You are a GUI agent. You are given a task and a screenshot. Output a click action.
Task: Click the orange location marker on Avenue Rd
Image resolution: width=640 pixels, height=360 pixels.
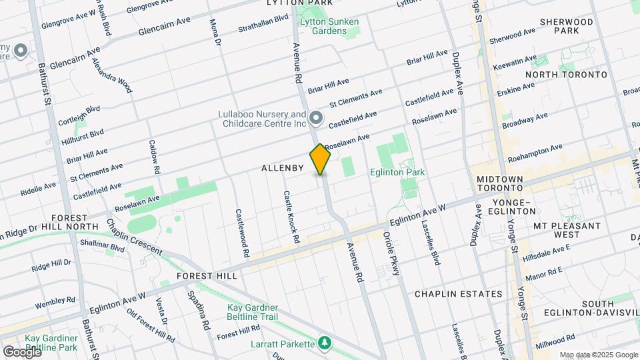coord(321,159)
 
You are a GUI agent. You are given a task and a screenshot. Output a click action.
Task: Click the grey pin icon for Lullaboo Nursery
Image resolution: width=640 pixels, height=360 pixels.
coord(316,119)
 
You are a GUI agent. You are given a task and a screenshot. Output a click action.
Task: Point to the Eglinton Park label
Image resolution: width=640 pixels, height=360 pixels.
coord(398,173)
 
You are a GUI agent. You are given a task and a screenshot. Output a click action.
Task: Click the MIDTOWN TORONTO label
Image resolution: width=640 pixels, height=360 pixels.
coord(504,185)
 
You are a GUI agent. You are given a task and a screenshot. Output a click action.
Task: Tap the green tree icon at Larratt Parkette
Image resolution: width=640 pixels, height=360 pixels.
coord(325,343)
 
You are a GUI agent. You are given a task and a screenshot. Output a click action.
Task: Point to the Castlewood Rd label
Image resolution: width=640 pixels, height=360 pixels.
coord(241,233)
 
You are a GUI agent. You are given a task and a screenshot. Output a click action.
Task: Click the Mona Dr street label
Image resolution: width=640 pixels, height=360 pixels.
coord(215,33)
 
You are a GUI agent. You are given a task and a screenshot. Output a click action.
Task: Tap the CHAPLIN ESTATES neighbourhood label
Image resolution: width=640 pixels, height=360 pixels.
coord(458,294)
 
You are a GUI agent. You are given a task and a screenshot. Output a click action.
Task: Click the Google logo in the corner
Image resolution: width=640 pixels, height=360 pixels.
coord(22,351)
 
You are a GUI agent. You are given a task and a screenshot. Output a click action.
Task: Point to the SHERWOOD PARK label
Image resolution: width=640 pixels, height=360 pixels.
coord(567,26)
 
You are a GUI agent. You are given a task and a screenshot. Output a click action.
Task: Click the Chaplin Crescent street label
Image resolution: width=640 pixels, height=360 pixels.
coord(134,237)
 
